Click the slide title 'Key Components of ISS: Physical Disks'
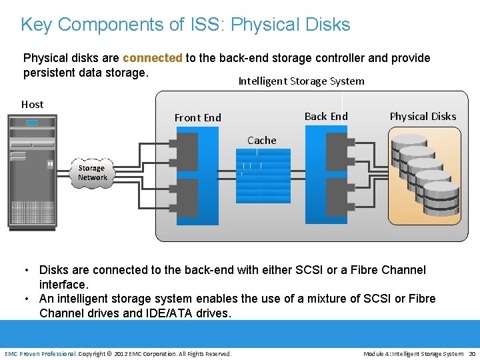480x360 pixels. (x=185, y=25)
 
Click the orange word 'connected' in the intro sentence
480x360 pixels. (x=152, y=58)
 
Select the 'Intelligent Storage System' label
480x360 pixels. (x=301, y=81)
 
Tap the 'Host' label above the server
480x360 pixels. (x=32, y=104)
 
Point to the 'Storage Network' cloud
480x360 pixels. (x=92, y=173)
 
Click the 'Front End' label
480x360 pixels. (x=197, y=118)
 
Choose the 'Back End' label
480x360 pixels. (x=326, y=117)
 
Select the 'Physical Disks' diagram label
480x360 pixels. (x=423, y=117)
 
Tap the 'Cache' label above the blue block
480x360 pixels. (x=261, y=141)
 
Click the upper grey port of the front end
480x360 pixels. (x=187, y=151)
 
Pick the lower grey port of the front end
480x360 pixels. (x=187, y=197)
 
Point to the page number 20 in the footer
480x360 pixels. (x=471, y=353)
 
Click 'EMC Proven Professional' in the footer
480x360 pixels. (x=41, y=353)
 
